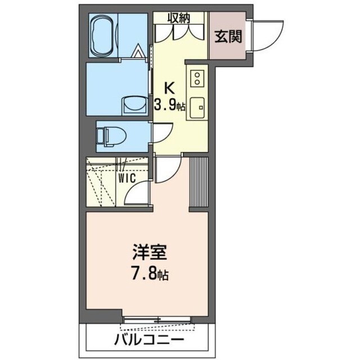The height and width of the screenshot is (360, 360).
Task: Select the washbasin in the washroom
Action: tap(133, 105)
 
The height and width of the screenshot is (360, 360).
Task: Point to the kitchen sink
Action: tap(197, 107)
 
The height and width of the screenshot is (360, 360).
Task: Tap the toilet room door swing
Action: tap(161, 133)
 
